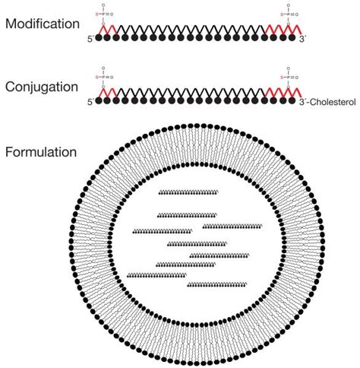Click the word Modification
tap(42, 24)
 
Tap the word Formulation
tap(41, 151)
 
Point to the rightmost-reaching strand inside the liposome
tap(232, 226)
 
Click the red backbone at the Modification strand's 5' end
tap(106, 28)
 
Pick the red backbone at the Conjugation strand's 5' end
tap(106, 92)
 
